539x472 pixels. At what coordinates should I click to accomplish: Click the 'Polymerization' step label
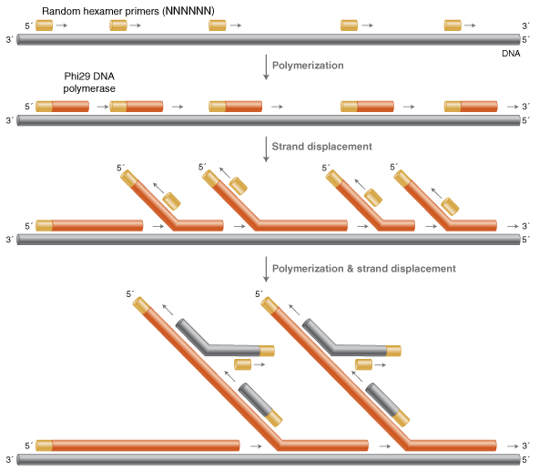click(x=308, y=66)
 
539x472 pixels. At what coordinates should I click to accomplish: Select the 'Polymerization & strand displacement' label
click(x=364, y=269)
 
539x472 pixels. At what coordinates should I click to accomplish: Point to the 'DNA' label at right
click(x=512, y=54)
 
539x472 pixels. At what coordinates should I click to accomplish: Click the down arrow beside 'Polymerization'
click(x=265, y=67)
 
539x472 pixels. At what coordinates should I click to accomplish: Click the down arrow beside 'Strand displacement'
click(x=265, y=148)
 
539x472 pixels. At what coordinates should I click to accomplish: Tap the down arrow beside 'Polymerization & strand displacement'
click(x=265, y=270)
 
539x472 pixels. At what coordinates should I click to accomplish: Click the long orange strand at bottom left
click(x=137, y=446)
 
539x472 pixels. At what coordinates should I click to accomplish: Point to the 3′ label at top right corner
click(x=525, y=26)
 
